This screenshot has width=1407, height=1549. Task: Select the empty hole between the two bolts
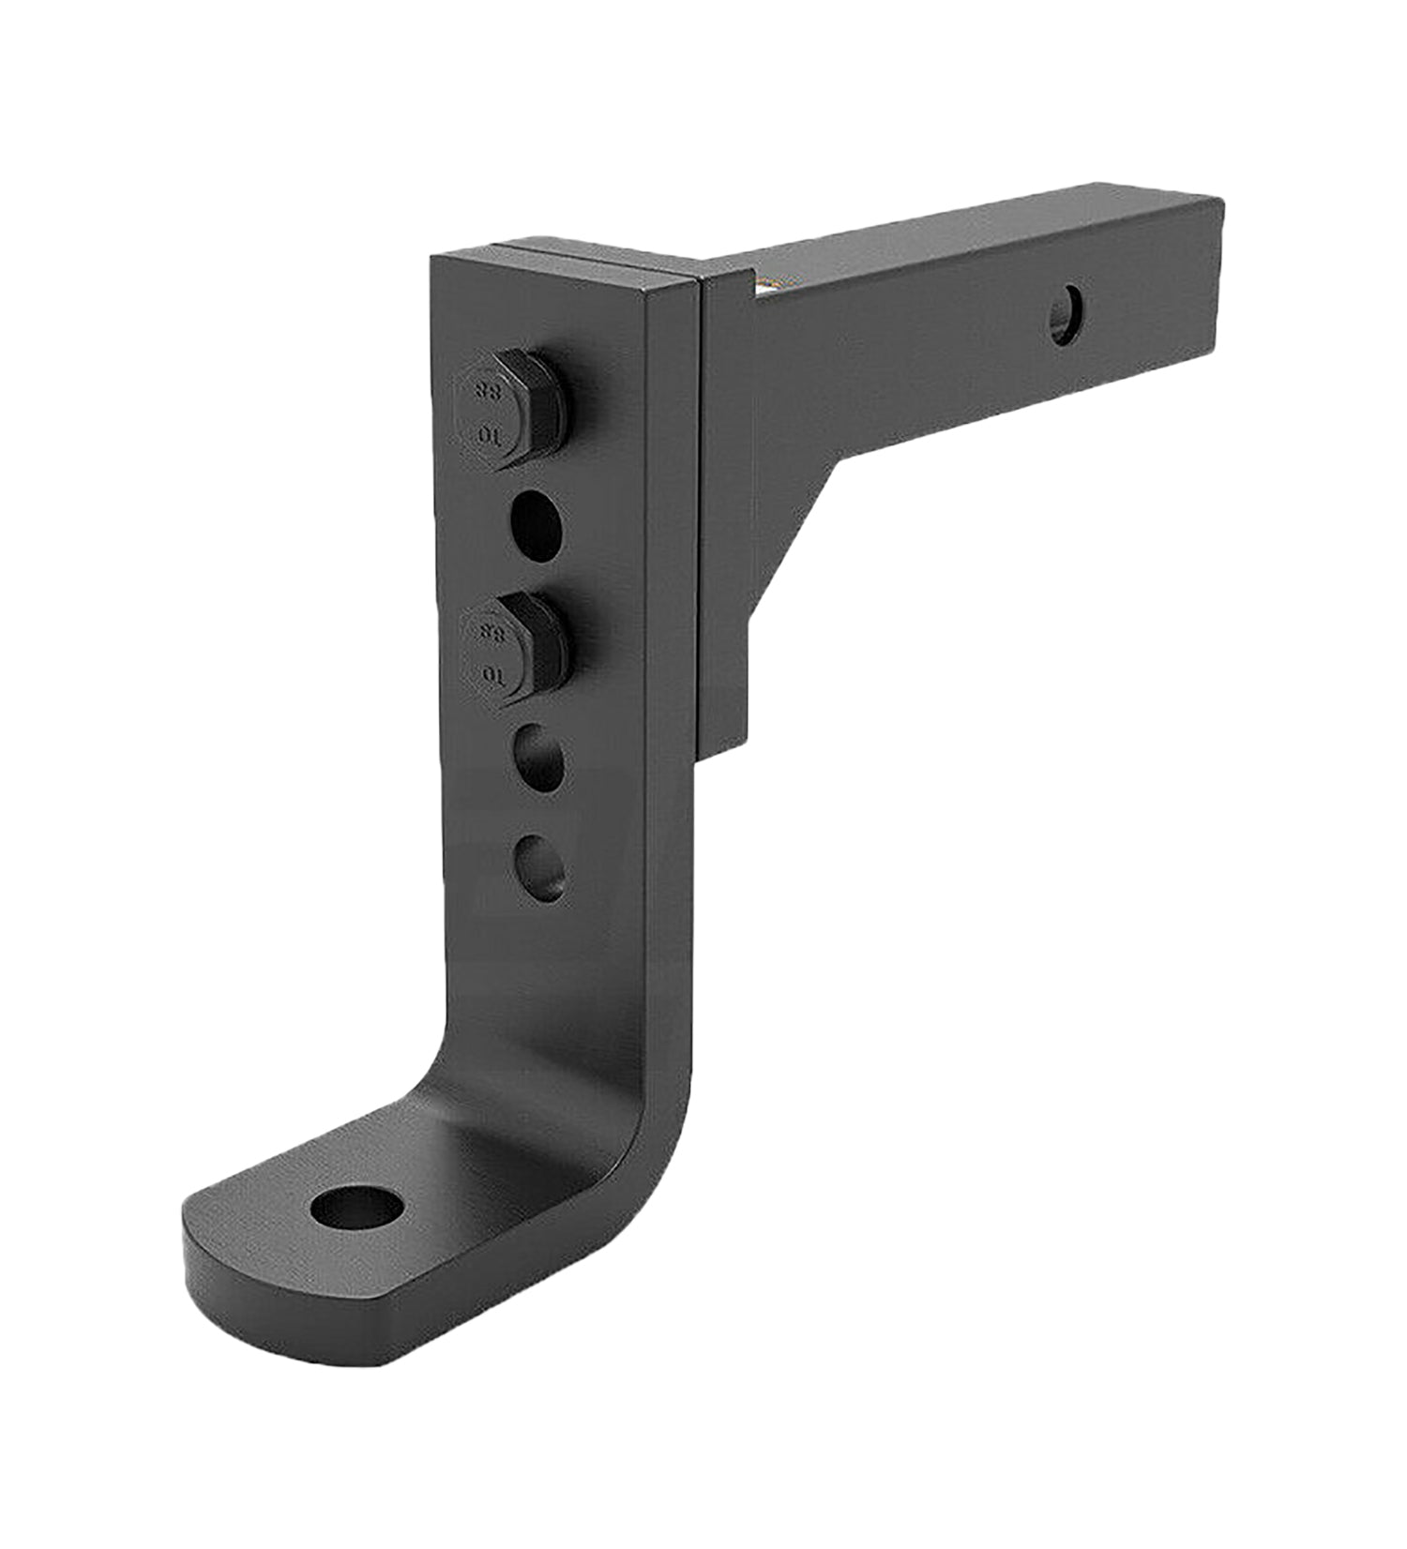pyautogui.click(x=536, y=526)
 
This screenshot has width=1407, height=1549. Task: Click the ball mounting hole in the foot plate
pyautogui.click(x=356, y=1209)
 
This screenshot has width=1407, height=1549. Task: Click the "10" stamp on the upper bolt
pyautogui.click(x=487, y=435)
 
